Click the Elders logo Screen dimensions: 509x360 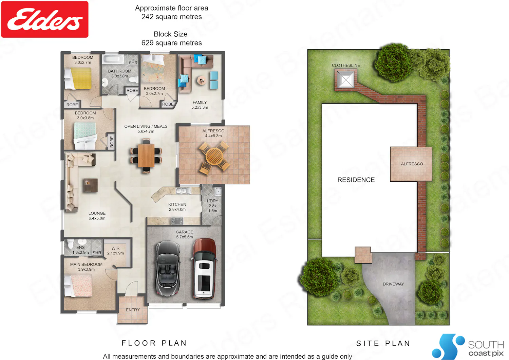(x=45, y=19)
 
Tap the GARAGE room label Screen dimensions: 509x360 (x=184, y=232)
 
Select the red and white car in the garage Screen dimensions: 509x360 (x=204, y=269)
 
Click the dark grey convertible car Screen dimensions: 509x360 (x=168, y=269)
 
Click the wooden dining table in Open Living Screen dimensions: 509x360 (x=146, y=156)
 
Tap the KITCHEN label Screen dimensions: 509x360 (x=177, y=204)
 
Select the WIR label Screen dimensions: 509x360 (x=115, y=248)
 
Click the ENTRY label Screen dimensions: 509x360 (x=133, y=310)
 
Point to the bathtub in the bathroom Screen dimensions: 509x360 (x=113, y=59)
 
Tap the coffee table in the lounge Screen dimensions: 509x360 (x=91, y=185)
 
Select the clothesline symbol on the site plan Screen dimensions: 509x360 (x=345, y=79)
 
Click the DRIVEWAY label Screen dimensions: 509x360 (x=393, y=284)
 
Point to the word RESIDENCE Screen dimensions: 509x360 (x=356, y=180)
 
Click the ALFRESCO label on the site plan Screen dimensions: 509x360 (x=412, y=164)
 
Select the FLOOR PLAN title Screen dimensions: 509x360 (x=154, y=343)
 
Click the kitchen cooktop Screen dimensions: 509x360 (x=177, y=221)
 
